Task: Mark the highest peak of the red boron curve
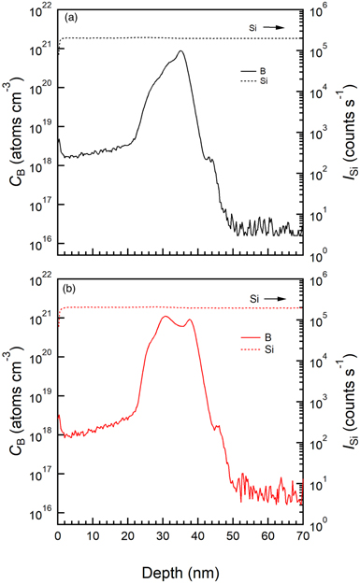[x=165, y=317]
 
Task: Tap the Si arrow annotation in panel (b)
[x=266, y=298]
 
